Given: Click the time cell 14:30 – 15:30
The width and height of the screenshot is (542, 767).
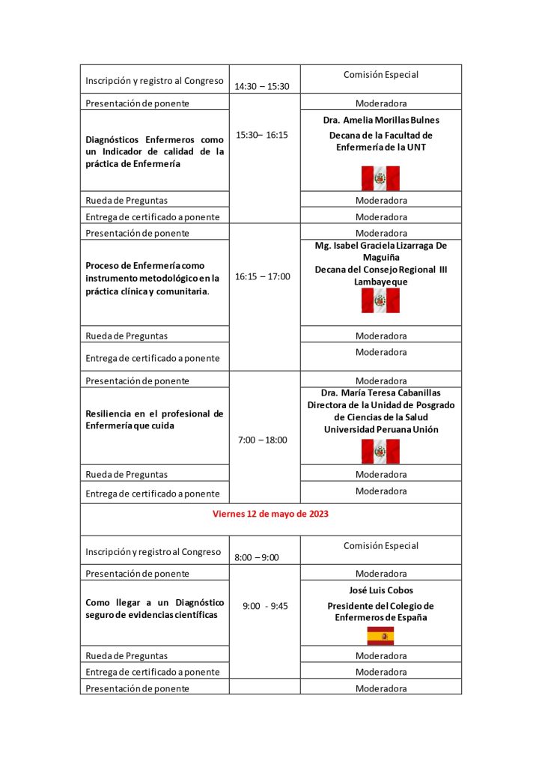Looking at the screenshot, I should coord(261,87).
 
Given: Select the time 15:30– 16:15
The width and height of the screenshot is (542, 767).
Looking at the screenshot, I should coord(261,135).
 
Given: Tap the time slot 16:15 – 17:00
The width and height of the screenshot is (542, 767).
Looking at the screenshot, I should coord(262,276).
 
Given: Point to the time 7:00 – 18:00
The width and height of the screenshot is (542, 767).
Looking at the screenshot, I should coord(262,440).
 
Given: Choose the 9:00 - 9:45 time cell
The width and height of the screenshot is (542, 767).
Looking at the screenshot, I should coord(265,606).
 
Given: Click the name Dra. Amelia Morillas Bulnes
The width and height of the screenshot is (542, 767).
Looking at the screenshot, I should coord(381,120).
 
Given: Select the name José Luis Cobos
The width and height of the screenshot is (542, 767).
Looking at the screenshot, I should coord(381,590).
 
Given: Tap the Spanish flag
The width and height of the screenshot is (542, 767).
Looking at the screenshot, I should coord(380,636).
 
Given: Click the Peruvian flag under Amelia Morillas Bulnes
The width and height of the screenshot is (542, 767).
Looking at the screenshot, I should coord(380,178).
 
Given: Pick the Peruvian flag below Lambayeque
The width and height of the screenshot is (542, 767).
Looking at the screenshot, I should coord(380,300).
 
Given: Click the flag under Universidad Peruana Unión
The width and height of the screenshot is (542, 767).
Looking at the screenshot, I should coord(380,452).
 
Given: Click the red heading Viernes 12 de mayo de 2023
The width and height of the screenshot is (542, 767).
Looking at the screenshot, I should coord(270,515).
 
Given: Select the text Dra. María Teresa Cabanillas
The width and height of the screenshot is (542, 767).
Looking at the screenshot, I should coord(381,392).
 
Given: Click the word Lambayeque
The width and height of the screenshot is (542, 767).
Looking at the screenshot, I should coord(381,282).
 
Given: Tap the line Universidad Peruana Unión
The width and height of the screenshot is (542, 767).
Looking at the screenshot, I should coord(381,429).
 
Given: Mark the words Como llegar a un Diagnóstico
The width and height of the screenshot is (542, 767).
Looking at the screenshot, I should coord(155,602).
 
